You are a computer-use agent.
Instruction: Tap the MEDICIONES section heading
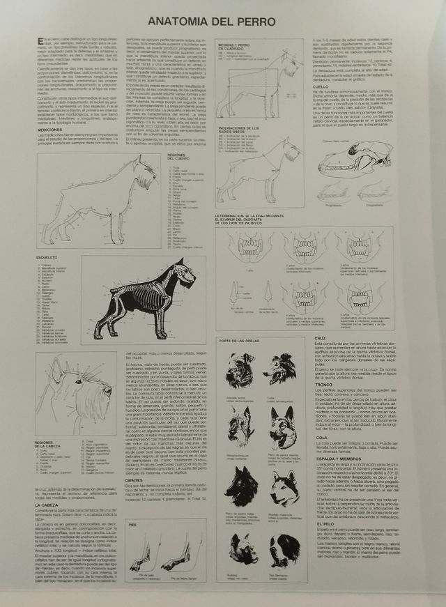49,130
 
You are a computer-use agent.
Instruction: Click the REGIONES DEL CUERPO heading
175,157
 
